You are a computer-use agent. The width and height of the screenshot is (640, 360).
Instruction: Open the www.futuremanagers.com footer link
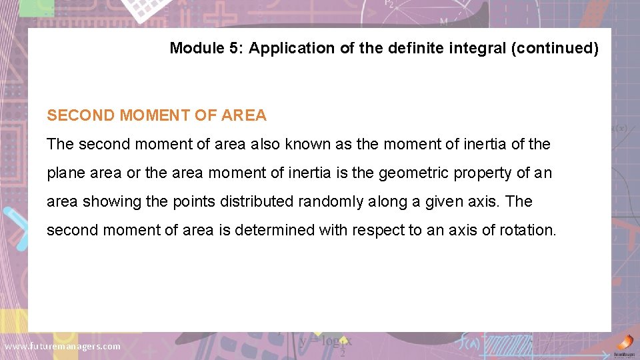click(63, 346)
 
